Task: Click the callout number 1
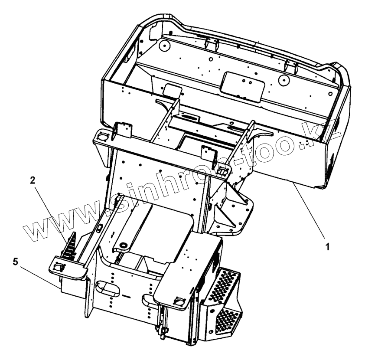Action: [328, 247]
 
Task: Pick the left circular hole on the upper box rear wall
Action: [164, 45]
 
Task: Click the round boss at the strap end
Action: [123, 246]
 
